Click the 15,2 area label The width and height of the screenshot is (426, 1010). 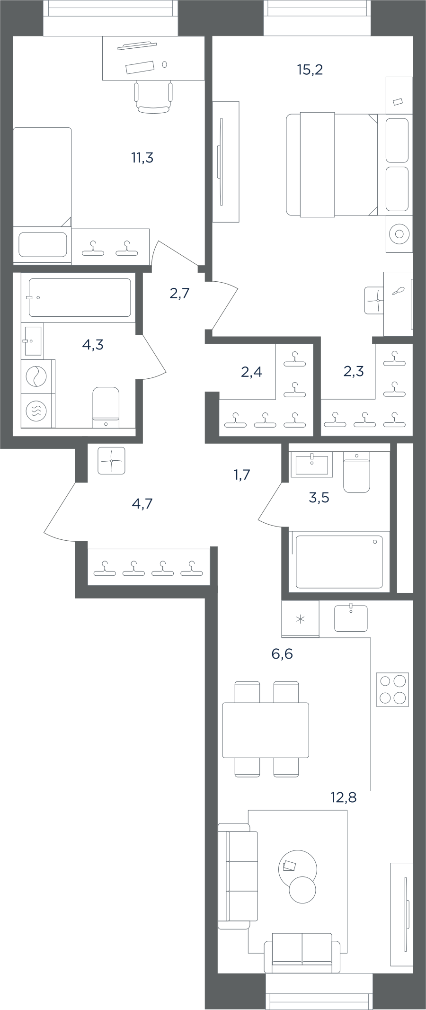coord(310,70)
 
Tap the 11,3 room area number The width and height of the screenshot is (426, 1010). coord(142,158)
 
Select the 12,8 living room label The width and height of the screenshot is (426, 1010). coord(344,797)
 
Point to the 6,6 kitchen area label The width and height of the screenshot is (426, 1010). coord(282,654)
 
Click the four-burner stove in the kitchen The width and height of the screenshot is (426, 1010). coord(392,689)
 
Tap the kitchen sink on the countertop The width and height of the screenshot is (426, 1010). coord(351,618)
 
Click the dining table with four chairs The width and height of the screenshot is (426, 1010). coord(266,730)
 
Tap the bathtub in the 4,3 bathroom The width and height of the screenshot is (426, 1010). coord(80,297)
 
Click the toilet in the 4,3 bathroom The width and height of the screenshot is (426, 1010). coord(106,407)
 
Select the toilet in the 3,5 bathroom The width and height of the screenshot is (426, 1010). coord(356,472)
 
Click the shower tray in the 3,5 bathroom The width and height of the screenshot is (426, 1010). coord(339,562)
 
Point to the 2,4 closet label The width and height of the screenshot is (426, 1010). coord(251,372)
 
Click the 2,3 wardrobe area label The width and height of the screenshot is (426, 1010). coord(354,371)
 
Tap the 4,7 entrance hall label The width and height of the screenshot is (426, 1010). coord(142,503)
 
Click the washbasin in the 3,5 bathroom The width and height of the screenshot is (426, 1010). coord(312,465)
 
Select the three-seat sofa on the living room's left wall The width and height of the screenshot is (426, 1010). coord(238,876)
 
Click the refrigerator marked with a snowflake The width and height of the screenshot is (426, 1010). coord(300,619)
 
